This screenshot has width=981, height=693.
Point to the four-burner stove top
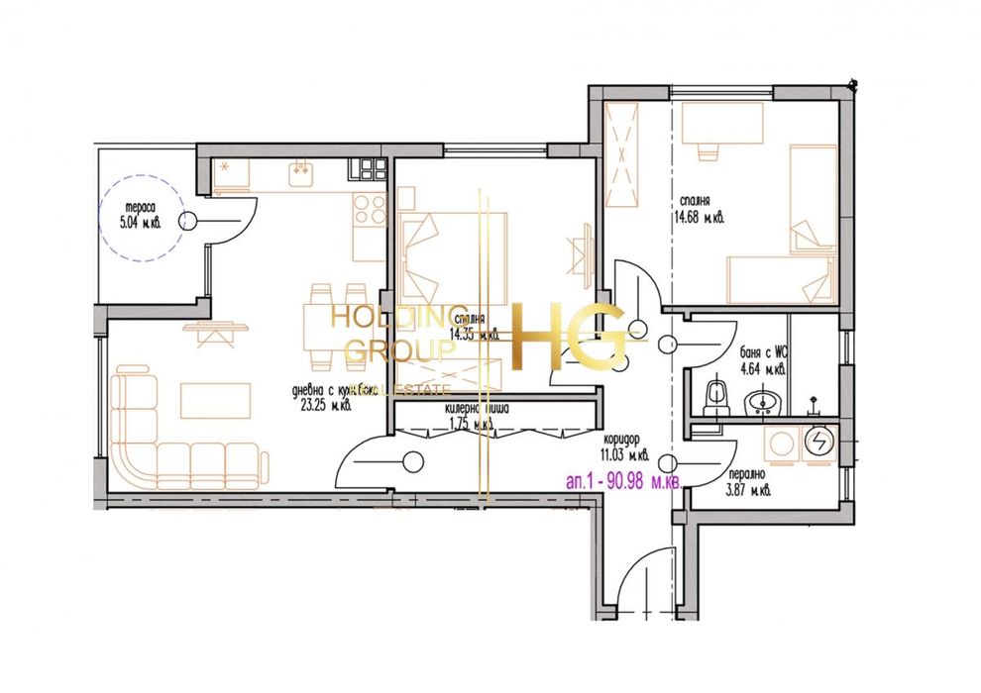point(369,209)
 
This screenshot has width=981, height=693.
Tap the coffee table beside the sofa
point(215,401)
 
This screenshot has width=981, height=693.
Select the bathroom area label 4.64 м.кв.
point(762,370)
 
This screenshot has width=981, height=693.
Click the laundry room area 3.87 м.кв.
point(747,490)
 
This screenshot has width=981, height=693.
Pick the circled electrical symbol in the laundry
point(818,442)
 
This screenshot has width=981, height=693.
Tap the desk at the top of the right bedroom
point(722,125)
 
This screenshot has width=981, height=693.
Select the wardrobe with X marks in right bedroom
point(622,156)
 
